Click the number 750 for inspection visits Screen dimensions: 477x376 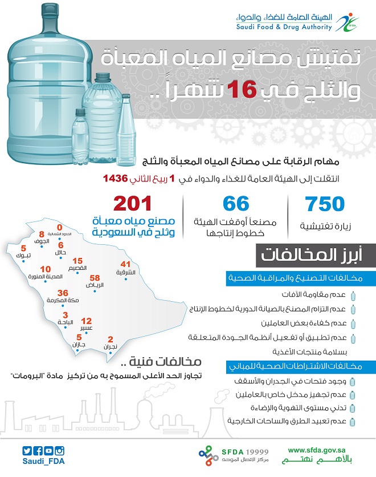coord(325,204)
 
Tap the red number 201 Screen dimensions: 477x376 coord(133,204)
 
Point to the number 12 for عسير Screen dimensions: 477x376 coord(87,321)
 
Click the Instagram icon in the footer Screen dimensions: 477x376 coord(60,450)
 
